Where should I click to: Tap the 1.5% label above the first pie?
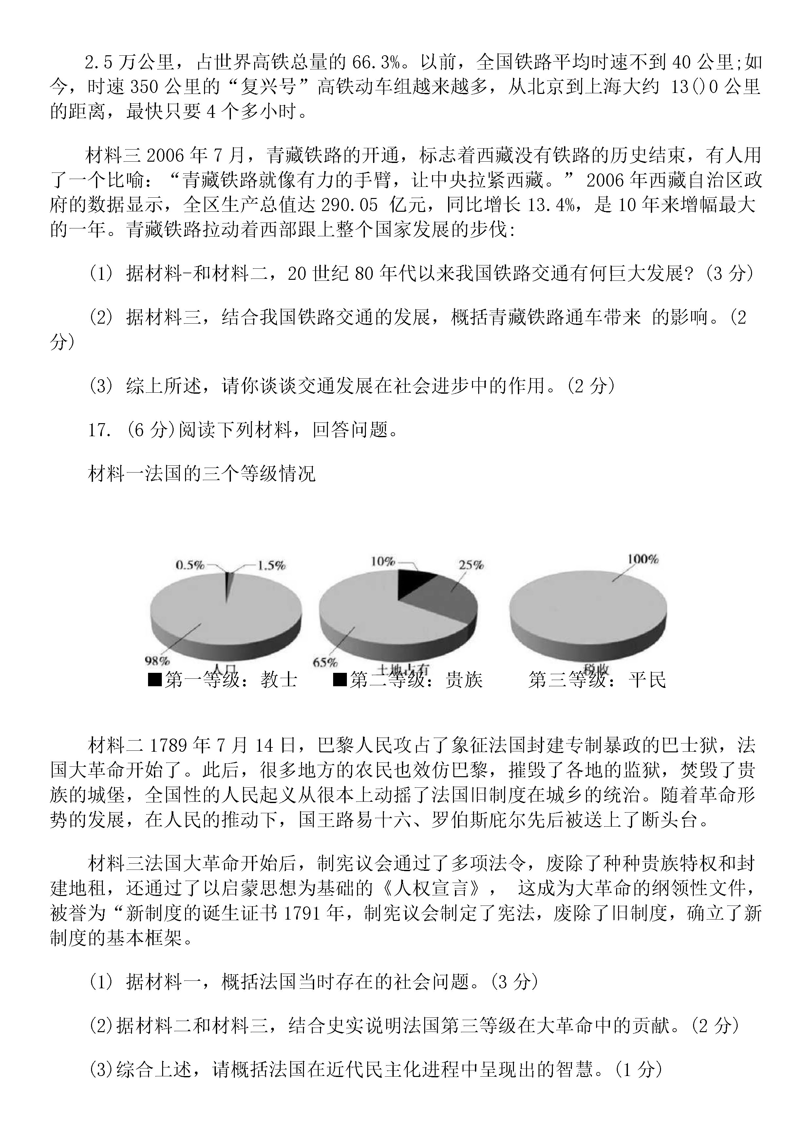(x=271, y=565)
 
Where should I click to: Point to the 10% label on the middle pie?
(x=383, y=562)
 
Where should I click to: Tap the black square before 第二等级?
(x=340, y=679)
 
